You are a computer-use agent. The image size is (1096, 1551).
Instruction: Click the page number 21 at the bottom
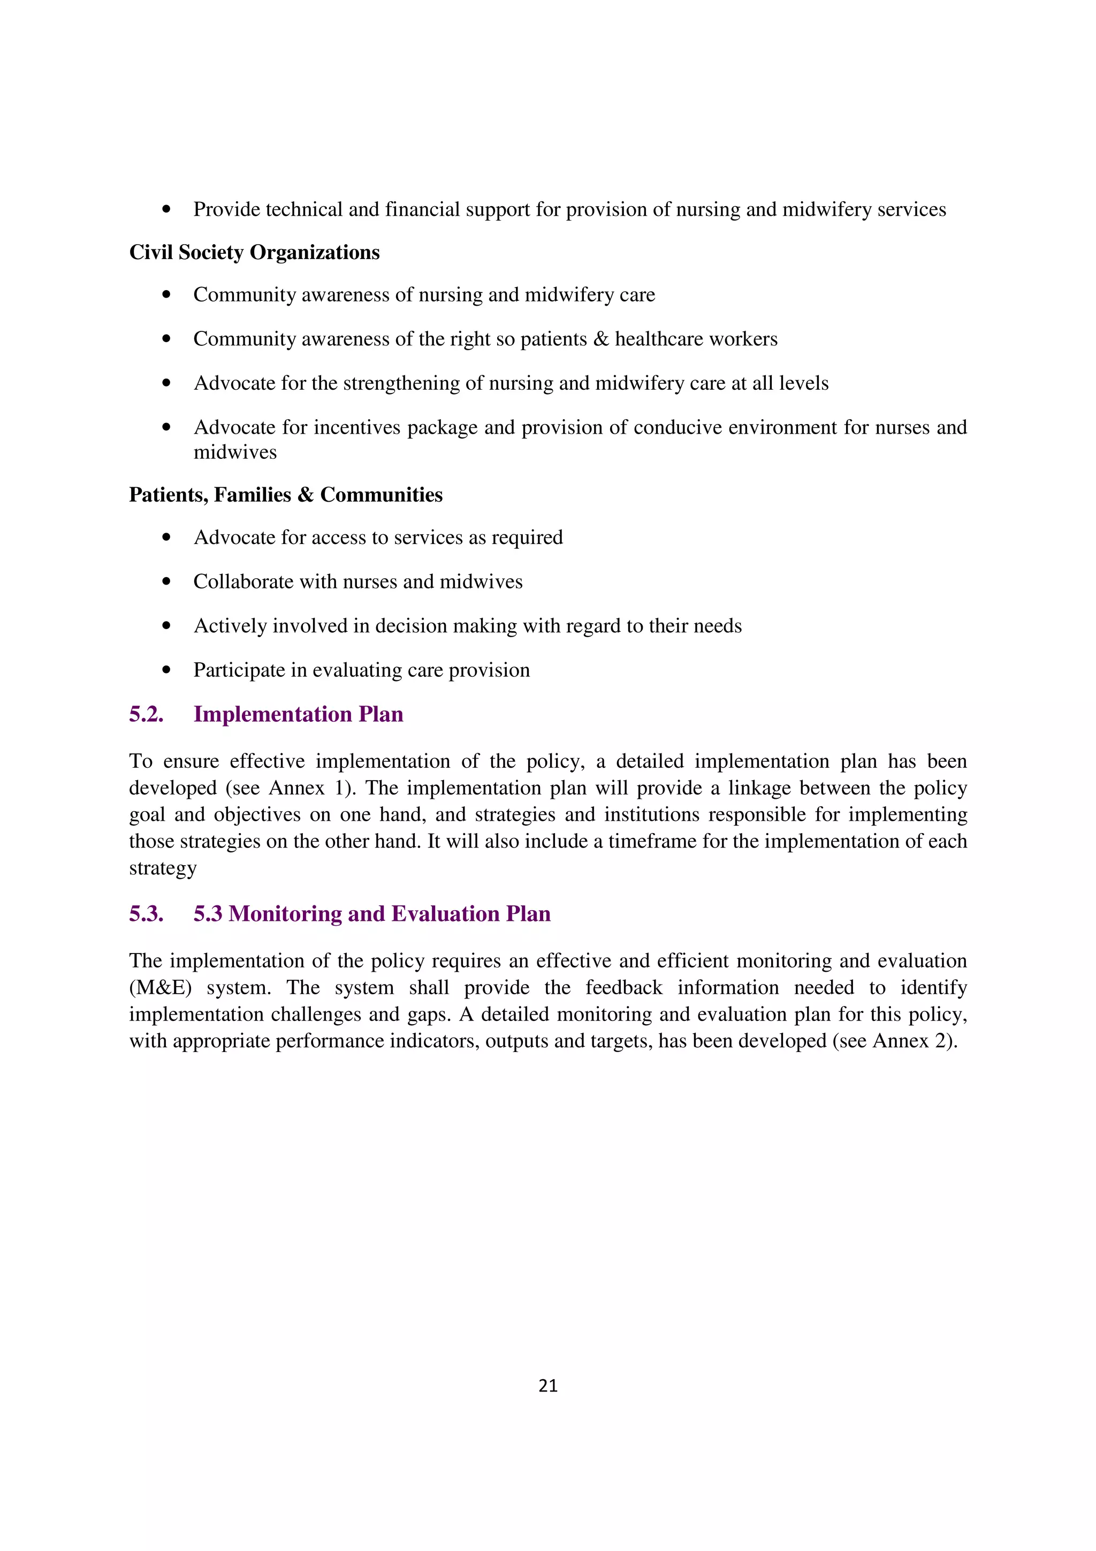547,1386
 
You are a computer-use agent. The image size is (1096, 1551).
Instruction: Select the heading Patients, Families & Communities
286,495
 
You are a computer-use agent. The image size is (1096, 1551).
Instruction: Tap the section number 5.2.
147,715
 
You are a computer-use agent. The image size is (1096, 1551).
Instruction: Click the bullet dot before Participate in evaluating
166,670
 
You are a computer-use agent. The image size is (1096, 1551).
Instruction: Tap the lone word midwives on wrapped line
235,452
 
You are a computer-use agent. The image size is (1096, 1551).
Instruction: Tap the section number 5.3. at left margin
147,914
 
